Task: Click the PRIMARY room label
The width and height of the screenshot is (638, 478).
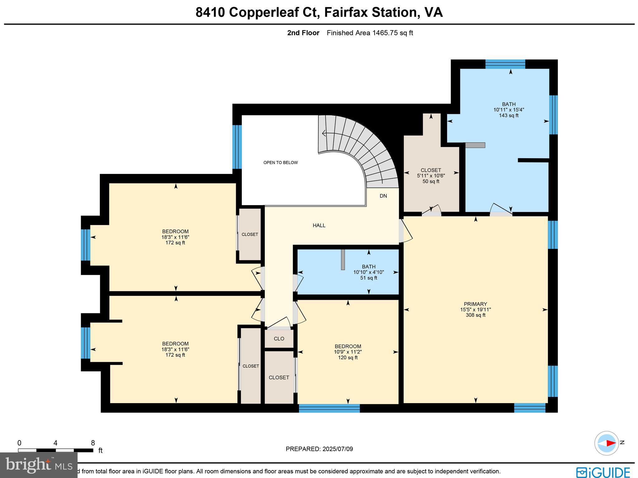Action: pyautogui.click(x=475, y=304)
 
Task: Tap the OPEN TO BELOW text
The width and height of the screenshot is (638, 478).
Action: pyautogui.click(x=280, y=162)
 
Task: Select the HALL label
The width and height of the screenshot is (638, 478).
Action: pyautogui.click(x=319, y=225)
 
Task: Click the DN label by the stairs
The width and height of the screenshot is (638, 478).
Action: pyautogui.click(x=383, y=196)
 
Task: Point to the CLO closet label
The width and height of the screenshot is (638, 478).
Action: pyautogui.click(x=279, y=339)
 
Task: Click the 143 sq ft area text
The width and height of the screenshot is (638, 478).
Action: pyautogui.click(x=508, y=115)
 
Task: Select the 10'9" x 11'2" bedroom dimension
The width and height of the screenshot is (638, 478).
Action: pyautogui.click(x=348, y=352)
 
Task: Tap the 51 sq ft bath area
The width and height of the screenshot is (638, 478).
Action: pyautogui.click(x=369, y=278)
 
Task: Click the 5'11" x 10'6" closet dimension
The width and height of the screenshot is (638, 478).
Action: pyautogui.click(x=431, y=176)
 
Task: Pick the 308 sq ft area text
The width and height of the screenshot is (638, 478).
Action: pyautogui.click(x=475, y=315)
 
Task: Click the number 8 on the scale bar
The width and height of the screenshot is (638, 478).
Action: pyautogui.click(x=93, y=443)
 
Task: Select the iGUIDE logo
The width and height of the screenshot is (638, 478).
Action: pyautogui.click(x=603, y=471)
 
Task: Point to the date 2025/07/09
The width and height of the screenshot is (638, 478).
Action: pyautogui.click(x=338, y=449)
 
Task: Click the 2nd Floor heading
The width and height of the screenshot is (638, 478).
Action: pyautogui.click(x=303, y=33)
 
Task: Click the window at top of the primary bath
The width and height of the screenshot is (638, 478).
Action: pyautogui.click(x=505, y=64)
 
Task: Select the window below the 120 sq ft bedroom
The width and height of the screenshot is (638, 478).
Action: pyautogui.click(x=329, y=408)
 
